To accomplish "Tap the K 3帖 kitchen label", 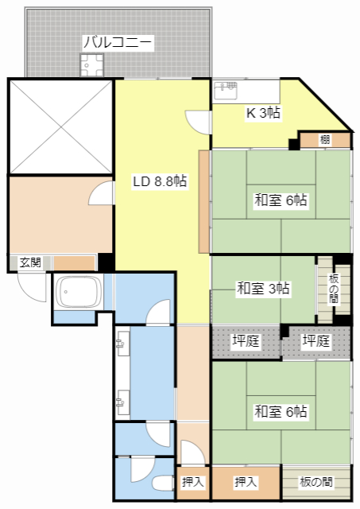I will click(x=262, y=113).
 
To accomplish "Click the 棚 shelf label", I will click(x=325, y=140).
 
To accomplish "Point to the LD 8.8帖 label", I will click(x=160, y=181).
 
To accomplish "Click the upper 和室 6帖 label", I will click(x=281, y=200).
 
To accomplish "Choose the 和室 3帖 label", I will click(x=263, y=288).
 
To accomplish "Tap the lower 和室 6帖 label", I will click(x=281, y=411).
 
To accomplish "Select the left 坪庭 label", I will click(x=245, y=341).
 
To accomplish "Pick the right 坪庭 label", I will click(x=315, y=341).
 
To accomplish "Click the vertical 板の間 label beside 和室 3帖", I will click(x=334, y=288).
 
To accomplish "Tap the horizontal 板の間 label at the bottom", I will click(x=316, y=482).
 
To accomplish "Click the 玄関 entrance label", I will click(x=30, y=262).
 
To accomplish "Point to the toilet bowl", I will click(x=161, y=483).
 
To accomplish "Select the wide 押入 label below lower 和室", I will click(x=246, y=482).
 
